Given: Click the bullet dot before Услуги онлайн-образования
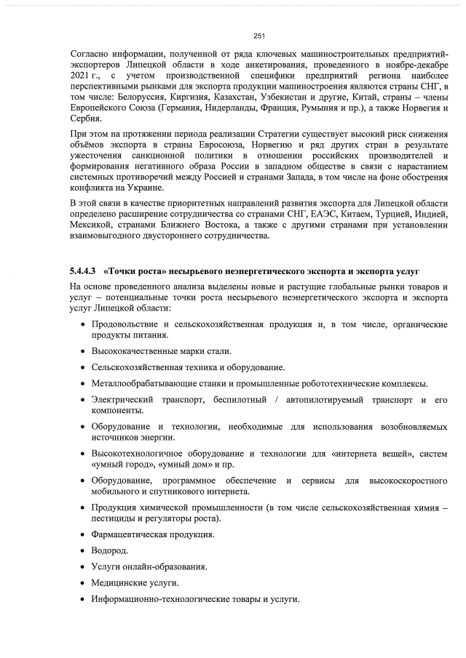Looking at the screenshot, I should [82, 567].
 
